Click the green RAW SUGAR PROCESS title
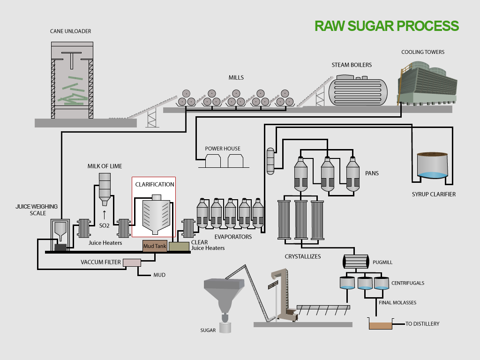(386, 26)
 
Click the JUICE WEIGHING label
(37, 207)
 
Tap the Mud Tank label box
(155, 246)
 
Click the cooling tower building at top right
(427, 84)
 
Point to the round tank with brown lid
(432, 165)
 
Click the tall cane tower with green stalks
(72, 81)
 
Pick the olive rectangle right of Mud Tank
(179, 247)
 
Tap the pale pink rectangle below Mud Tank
(132, 263)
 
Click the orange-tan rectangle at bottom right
(380, 326)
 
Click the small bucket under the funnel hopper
(225, 327)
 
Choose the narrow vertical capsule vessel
(270, 161)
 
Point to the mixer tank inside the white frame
(156, 215)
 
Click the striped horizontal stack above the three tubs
(356, 262)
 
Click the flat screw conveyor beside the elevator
(323, 307)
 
